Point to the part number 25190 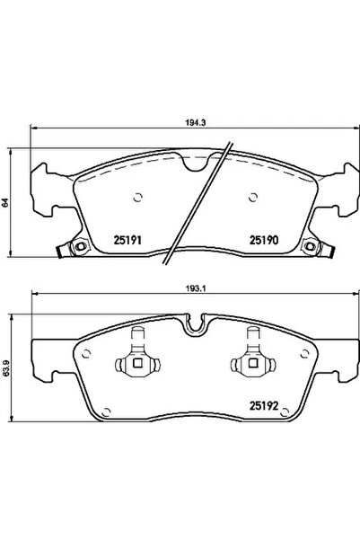259,240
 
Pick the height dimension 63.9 5,368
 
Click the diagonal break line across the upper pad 203,206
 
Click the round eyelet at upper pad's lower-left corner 80,249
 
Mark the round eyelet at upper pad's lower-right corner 311,249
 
